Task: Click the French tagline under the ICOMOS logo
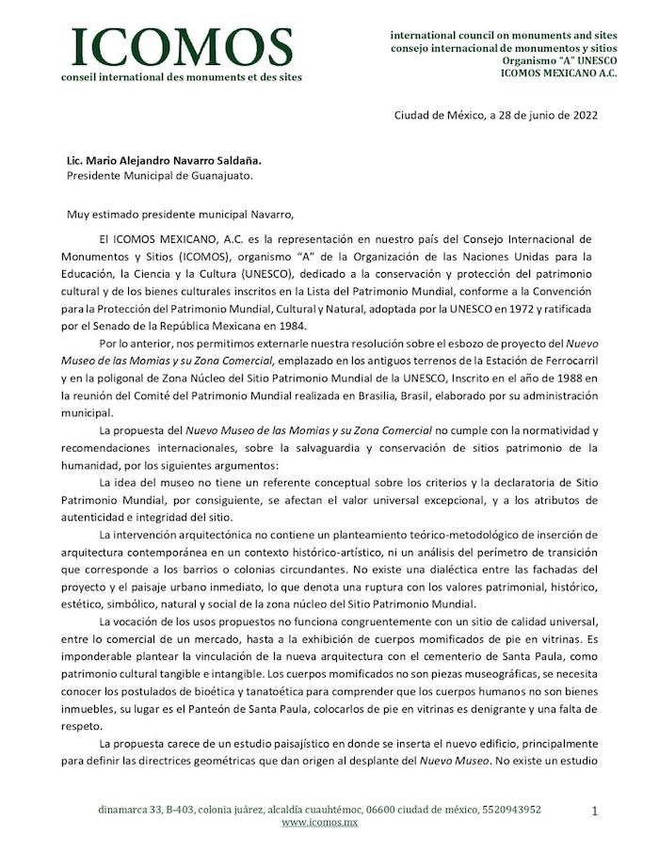pyautogui.click(x=181, y=77)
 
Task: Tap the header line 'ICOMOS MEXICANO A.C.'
pyautogui.click(x=558, y=72)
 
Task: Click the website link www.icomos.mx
pyautogui.click(x=319, y=823)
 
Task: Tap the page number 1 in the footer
pyautogui.click(x=595, y=809)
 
